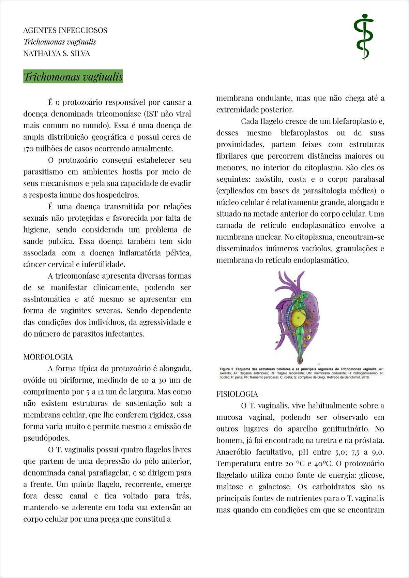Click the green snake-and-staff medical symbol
point(364,37)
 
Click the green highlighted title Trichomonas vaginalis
point(73,77)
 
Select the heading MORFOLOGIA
point(48,357)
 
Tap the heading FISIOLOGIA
point(237,394)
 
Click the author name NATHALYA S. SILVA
point(57,54)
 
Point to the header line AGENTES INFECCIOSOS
point(65,30)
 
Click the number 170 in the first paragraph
point(29,149)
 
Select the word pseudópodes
point(46,438)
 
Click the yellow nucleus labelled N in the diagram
point(298,318)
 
